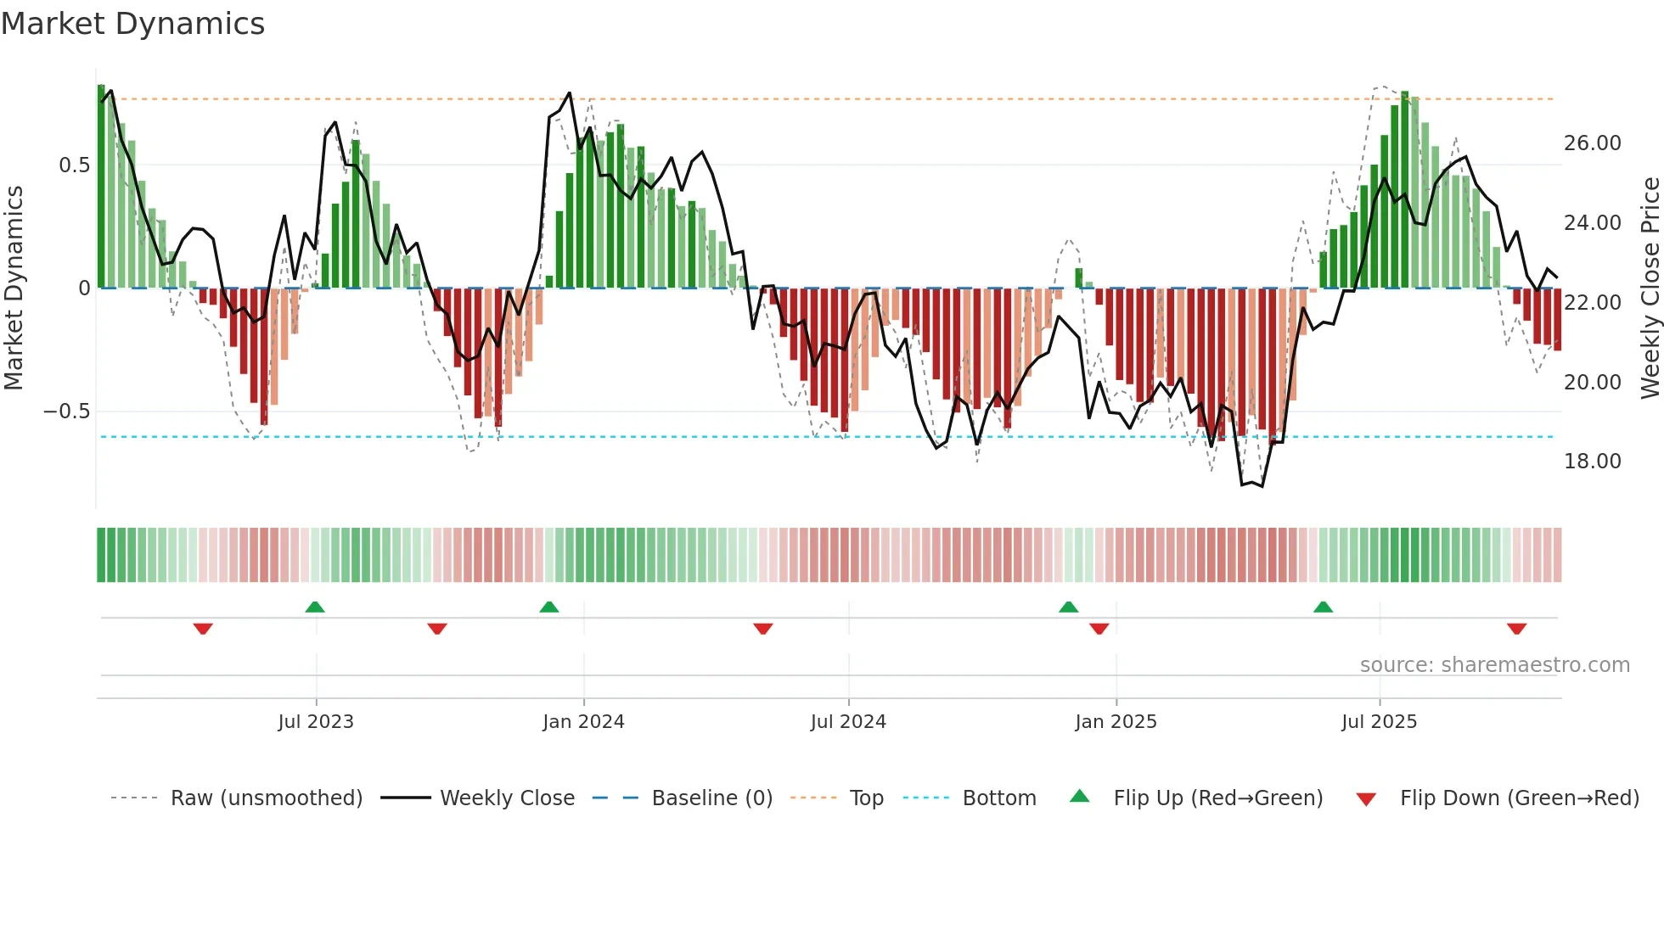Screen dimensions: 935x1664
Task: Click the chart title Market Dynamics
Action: coord(133,24)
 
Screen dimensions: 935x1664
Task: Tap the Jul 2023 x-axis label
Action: coord(316,721)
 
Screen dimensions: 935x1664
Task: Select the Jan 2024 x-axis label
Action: coord(583,721)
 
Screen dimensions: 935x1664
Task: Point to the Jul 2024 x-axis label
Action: coord(848,721)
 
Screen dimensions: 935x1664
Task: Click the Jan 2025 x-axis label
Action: coord(1116,721)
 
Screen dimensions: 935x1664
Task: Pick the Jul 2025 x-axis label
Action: coord(1380,721)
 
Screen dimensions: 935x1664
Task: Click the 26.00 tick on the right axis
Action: coord(1592,143)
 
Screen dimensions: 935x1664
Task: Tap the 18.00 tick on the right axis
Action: coord(1592,462)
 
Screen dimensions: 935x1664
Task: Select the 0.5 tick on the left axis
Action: coord(74,165)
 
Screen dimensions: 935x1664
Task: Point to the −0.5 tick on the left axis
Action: coord(67,412)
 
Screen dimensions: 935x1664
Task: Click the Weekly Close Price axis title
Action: coord(1650,288)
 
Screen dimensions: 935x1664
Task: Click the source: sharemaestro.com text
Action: coord(1494,665)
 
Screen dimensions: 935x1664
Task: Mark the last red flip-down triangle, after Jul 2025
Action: coord(1517,629)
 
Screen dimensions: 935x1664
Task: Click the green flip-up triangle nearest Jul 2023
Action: coord(315,607)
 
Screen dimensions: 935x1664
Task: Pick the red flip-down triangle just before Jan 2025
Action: coord(1099,629)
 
